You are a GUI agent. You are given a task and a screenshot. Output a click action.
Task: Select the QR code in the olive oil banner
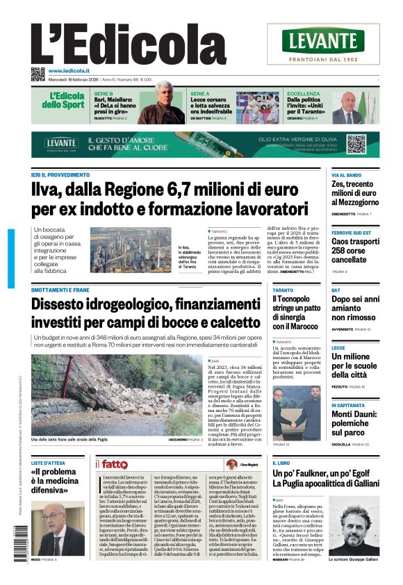click(356, 144)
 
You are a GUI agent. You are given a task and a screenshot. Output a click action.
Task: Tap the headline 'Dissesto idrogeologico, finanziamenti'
click(145, 313)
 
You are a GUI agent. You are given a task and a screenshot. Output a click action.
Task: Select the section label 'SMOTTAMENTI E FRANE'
click(60, 290)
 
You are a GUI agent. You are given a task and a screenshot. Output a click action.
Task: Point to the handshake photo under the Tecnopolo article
click(297, 413)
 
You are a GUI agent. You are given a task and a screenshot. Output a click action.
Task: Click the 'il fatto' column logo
click(111, 464)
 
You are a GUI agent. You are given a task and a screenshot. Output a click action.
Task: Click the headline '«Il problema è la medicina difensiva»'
click(59, 480)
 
